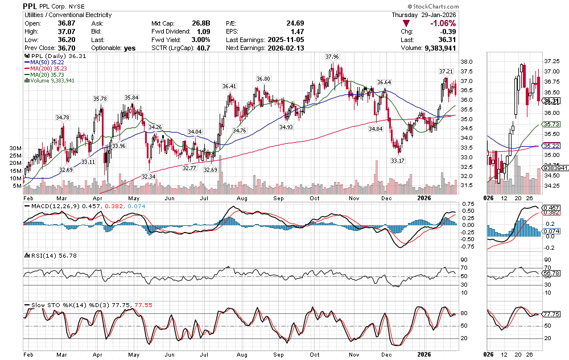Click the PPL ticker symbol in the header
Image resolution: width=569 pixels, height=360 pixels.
31,6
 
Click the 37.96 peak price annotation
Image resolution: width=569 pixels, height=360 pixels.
332,57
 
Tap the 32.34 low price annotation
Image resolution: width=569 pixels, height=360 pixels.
148,177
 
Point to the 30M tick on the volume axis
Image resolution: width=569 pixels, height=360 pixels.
16,148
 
